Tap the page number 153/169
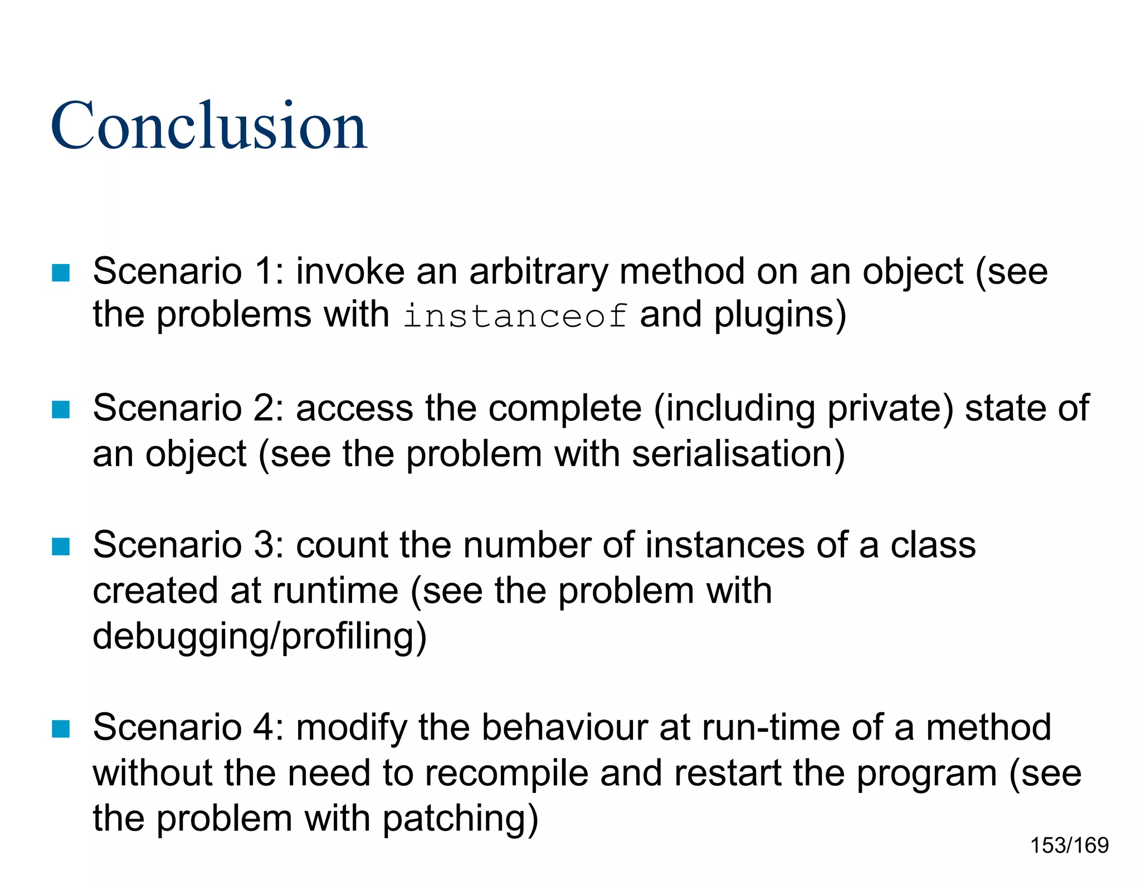pos(1069,845)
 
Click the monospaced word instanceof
pos(515,316)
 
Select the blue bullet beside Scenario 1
pos(61,272)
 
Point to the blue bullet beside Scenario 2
pos(61,409)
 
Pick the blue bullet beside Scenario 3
pos(61,546)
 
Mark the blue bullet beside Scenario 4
pos(61,728)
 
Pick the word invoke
pos(350,272)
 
